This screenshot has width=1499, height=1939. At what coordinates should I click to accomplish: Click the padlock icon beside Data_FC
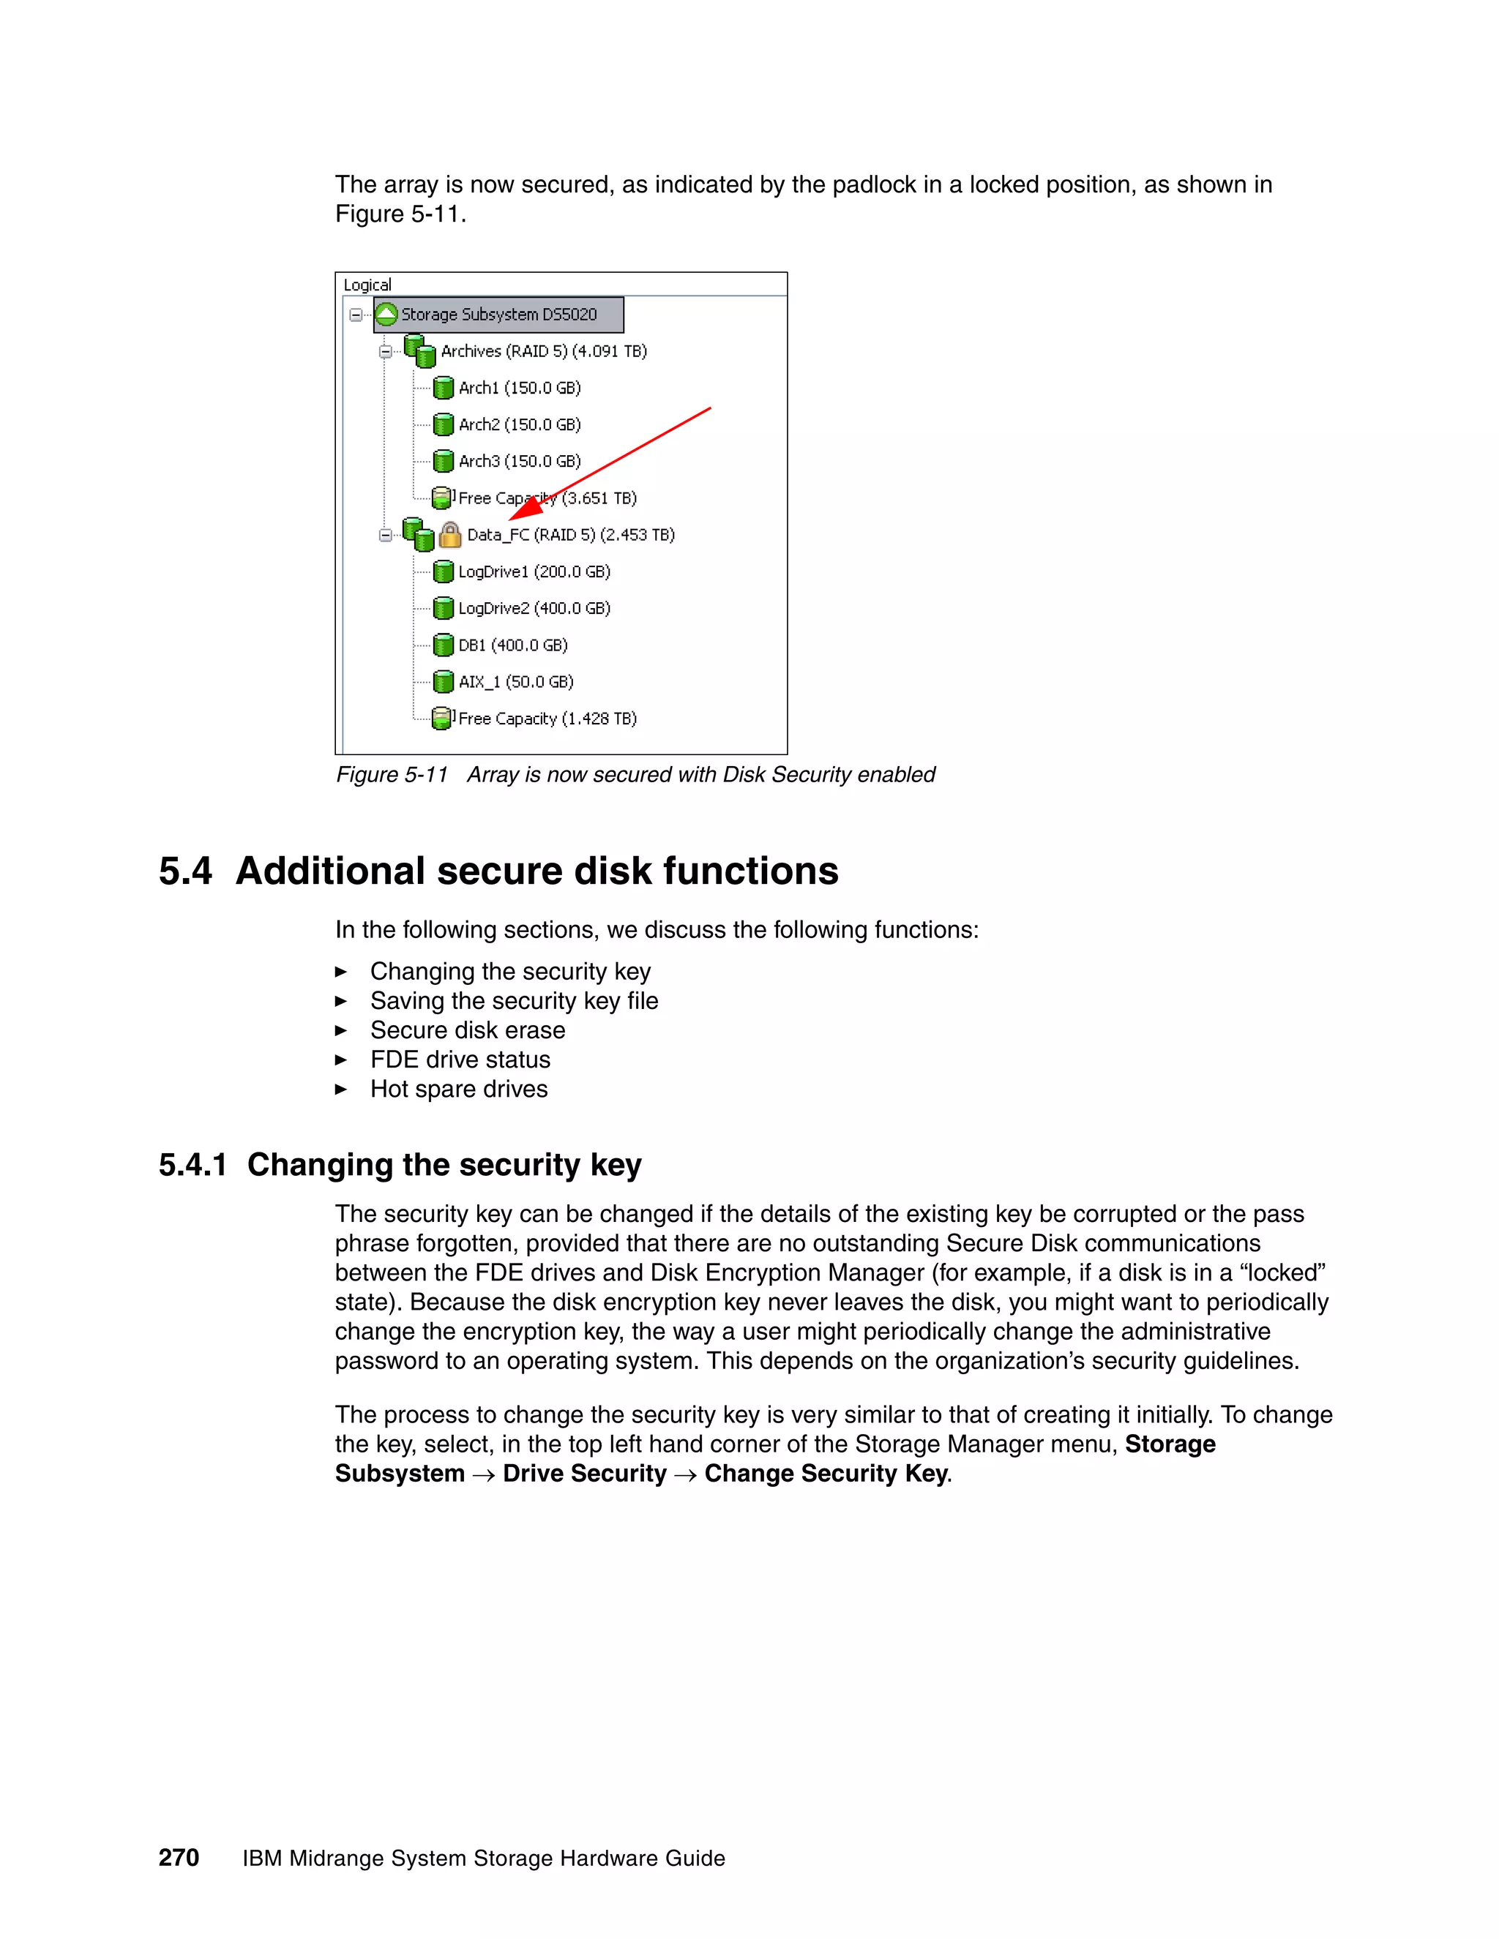point(450,534)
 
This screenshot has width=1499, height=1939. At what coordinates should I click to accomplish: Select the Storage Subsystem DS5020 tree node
point(498,315)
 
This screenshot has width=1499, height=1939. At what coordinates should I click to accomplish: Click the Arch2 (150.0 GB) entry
point(520,424)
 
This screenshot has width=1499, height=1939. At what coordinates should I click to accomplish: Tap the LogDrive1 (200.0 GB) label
point(534,571)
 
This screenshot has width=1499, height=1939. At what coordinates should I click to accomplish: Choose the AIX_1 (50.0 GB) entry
point(516,682)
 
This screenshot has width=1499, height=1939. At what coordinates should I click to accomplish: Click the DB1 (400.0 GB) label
point(512,645)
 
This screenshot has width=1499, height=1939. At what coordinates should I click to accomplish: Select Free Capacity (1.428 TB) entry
point(547,719)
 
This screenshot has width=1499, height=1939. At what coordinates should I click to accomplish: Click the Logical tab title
point(367,285)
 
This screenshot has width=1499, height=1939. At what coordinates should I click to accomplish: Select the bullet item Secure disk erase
point(467,1030)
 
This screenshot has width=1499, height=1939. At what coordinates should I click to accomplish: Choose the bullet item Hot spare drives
point(458,1089)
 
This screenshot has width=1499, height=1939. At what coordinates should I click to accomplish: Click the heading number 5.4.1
point(192,1165)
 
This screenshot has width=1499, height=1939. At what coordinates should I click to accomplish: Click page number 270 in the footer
point(179,1859)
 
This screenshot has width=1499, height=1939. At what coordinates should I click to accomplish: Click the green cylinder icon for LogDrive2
point(443,608)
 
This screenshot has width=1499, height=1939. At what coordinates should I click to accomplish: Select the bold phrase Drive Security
point(584,1474)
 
